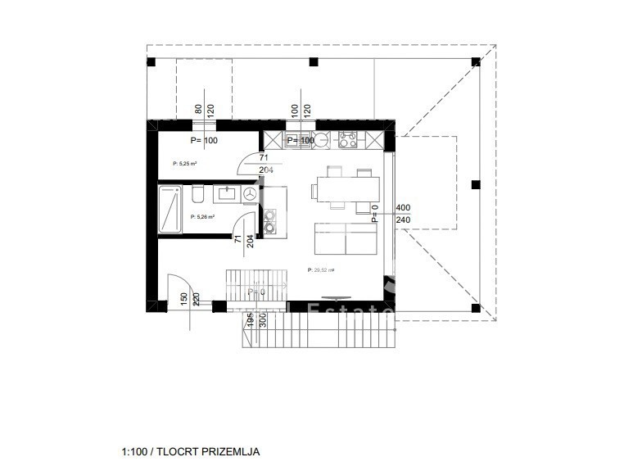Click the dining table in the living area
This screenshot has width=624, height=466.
tap(341, 191)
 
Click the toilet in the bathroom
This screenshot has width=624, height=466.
tap(197, 195)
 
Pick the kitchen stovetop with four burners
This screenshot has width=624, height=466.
tap(346, 140)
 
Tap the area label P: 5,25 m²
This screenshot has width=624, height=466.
tap(186, 164)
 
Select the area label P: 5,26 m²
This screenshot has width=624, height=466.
tap(202, 217)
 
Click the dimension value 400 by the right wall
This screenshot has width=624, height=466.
tap(403, 208)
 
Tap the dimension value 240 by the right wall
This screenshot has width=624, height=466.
tap(403, 219)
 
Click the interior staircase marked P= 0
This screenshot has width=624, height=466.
tap(255, 289)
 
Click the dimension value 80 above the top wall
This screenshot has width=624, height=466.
tap(198, 108)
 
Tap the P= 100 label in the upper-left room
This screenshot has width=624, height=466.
tap(204, 140)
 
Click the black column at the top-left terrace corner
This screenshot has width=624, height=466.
tap(151, 62)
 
